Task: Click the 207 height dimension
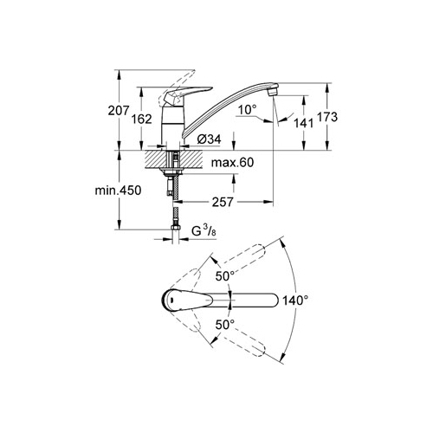(x=118, y=111)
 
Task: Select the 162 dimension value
(x=141, y=119)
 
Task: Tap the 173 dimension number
(x=327, y=117)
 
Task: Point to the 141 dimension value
(x=304, y=123)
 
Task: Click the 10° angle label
(x=248, y=109)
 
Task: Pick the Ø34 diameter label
(x=209, y=139)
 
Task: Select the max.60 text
(x=232, y=163)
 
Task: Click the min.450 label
(x=118, y=191)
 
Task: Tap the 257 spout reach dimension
(x=223, y=202)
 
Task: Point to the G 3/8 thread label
(x=204, y=231)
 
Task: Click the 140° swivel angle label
(x=295, y=301)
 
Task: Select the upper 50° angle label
(x=225, y=276)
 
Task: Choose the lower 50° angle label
(x=225, y=325)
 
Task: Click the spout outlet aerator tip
(x=273, y=93)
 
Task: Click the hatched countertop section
(x=173, y=158)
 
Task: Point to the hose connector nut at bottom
(x=176, y=228)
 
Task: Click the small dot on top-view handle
(x=171, y=301)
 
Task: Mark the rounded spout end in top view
(x=274, y=301)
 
